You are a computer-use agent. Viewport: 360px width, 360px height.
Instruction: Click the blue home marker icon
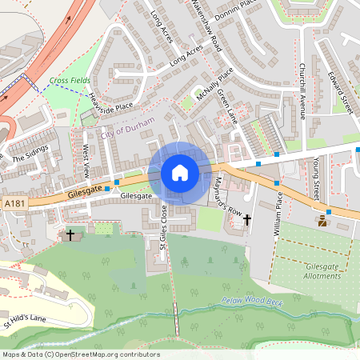point(180,173)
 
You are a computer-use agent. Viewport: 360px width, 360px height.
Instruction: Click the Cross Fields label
point(70,81)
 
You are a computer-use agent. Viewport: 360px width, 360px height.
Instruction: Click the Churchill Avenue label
point(302,89)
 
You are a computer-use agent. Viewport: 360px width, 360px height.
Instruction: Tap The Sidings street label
point(30,152)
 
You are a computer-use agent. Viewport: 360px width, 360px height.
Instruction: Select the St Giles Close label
point(162,226)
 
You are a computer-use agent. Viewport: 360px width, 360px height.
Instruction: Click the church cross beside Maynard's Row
point(246,219)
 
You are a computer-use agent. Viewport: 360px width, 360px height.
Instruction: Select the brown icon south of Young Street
point(322,220)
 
